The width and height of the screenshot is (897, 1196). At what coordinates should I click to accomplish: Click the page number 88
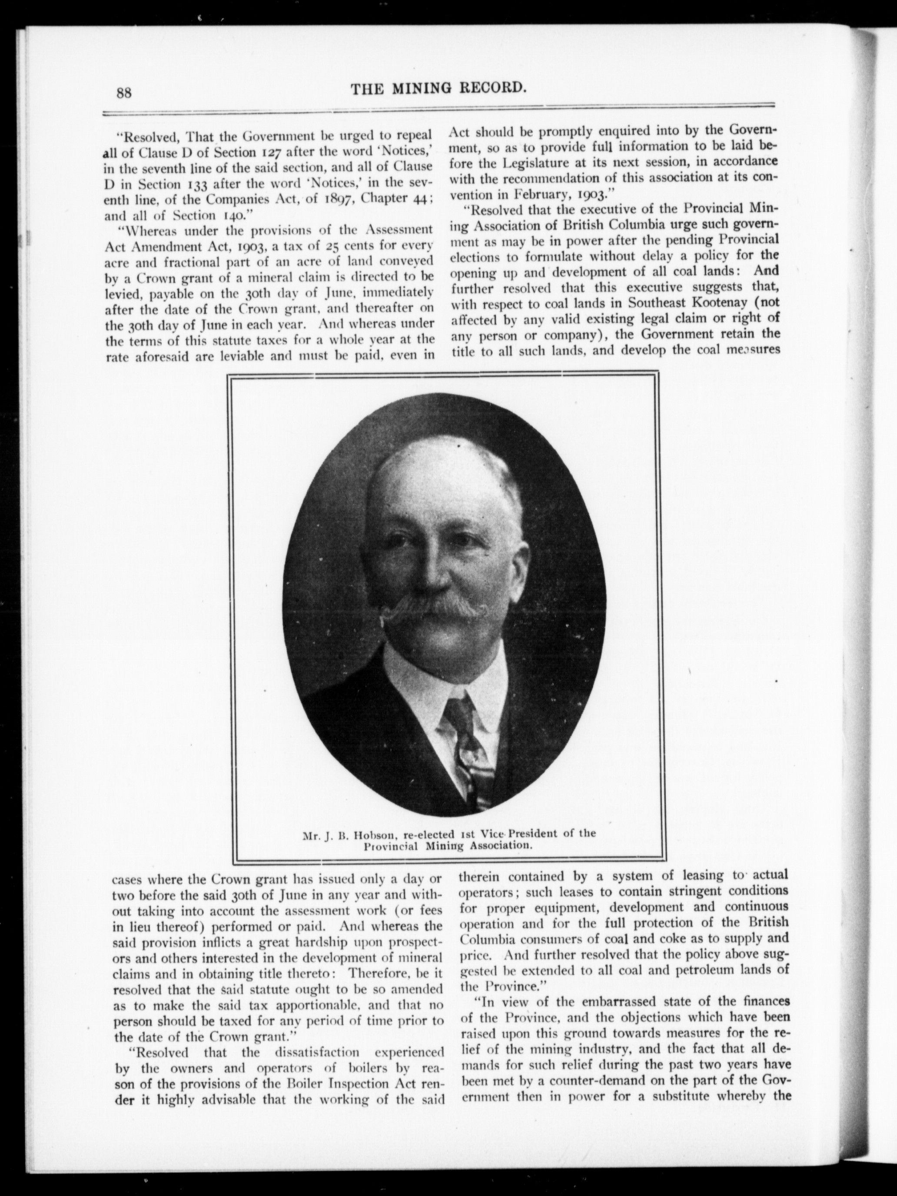click(124, 93)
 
